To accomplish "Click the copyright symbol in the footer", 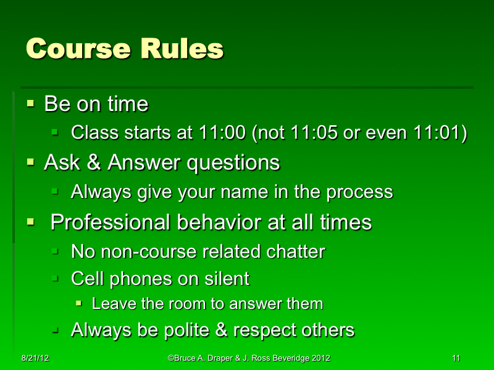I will point(170,358).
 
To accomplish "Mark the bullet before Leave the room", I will point(79,303).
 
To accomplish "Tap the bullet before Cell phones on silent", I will point(56,279).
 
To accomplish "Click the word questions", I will point(233,163).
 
